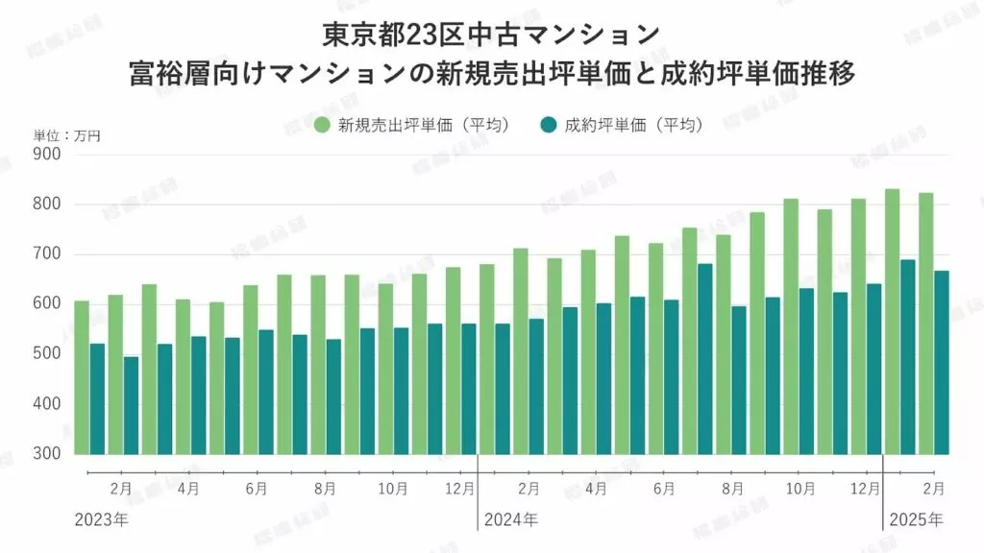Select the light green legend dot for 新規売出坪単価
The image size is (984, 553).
coord(323,125)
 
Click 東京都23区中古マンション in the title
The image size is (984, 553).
coord(492,34)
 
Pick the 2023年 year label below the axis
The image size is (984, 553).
coord(101,519)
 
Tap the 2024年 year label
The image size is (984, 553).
coord(510,519)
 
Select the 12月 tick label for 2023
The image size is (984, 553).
coord(460,489)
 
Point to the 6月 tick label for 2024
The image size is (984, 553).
coord(663,489)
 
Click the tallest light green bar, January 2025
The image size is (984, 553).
coord(892,321)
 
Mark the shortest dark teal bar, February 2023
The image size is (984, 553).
coord(131,405)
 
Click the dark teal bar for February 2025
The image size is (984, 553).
coord(942,362)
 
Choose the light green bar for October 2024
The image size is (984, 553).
coord(791,325)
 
